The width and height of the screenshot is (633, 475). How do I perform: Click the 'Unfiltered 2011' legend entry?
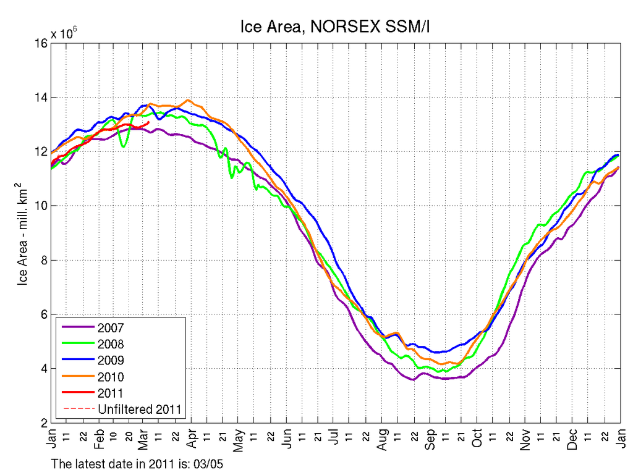pyautogui.click(x=140, y=408)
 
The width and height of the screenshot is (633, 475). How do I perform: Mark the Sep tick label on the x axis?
pyautogui.click(x=430, y=437)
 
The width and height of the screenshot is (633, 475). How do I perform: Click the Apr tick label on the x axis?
pyautogui.click(x=192, y=437)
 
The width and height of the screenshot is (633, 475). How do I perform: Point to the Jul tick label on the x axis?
pyautogui.click(x=334, y=436)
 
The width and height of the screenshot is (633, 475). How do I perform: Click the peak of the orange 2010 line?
pyautogui.click(x=188, y=100)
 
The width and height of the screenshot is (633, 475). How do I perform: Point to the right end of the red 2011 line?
pyautogui.click(x=148, y=122)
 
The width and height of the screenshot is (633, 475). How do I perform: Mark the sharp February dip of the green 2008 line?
pyautogui.click(x=124, y=147)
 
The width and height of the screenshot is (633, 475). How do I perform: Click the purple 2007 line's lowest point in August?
pyautogui.click(x=412, y=380)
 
